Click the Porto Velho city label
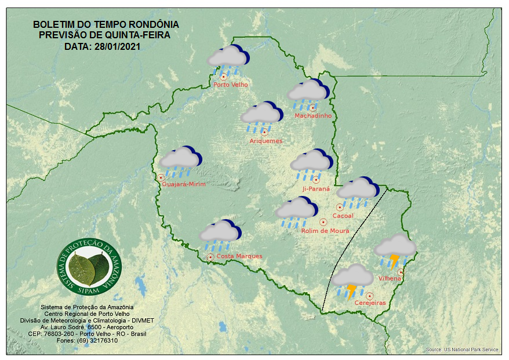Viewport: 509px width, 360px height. pos(231,85)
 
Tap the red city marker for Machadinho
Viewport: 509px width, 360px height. pos(312,108)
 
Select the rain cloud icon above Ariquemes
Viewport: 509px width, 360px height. pos(261,115)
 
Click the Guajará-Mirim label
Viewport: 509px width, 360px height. pos(184,184)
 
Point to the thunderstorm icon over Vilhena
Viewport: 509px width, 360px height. pos(395,250)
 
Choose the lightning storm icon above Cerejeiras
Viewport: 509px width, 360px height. pos(352,281)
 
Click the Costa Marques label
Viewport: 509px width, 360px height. pos(239,256)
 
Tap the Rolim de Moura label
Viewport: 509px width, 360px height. pos(325,231)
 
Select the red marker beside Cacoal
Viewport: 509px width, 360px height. pos(340,207)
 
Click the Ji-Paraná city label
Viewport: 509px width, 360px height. pos(316,189)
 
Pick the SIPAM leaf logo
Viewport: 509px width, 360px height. pos(90,267)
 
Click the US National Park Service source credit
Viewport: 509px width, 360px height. pos(462,350)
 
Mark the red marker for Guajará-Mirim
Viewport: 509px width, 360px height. pos(161,178)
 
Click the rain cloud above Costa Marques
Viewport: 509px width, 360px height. pos(220,234)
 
